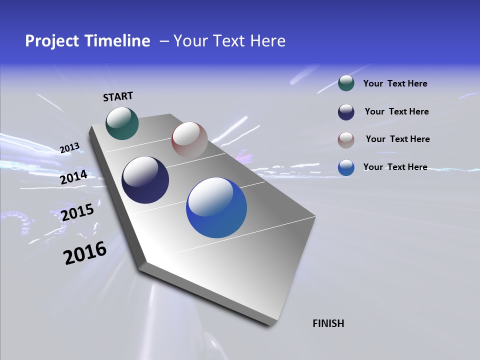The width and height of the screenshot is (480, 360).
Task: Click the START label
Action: [118, 96]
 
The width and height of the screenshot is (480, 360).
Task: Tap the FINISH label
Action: [328, 323]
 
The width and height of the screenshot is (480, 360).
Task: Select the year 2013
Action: [69, 148]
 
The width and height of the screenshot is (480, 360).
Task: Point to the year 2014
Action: [73, 177]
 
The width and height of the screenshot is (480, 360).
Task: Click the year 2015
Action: [77, 212]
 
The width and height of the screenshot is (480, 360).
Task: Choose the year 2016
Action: [85, 253]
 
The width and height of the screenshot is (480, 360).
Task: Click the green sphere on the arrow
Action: [122, 123]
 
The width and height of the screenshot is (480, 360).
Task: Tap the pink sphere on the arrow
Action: [189, 139]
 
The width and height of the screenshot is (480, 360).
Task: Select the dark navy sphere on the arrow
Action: [145, 180]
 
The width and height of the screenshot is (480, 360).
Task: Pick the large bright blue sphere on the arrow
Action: [216, 207]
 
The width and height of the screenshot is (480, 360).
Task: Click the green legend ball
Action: [346, 83]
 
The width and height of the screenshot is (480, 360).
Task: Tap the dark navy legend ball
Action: [346, 112]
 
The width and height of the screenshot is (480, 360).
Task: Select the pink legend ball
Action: [346, 139]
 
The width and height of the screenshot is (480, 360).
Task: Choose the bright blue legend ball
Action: [346, 167]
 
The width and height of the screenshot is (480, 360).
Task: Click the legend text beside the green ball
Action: [395, 83]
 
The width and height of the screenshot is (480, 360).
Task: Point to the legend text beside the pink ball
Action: [397, 139]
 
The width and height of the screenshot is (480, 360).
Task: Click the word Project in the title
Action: [51, 41]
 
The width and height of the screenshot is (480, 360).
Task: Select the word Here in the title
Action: [267, 41]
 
